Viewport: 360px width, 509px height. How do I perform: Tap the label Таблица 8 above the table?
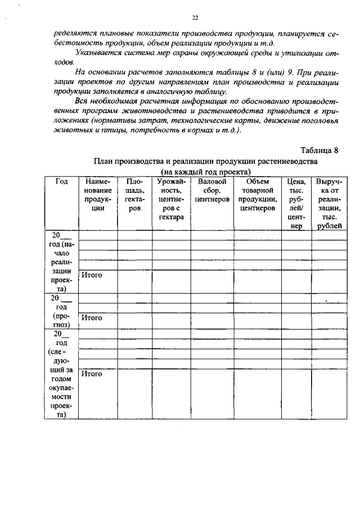click(319, 150)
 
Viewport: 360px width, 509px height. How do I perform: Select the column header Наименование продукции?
click(98, 195)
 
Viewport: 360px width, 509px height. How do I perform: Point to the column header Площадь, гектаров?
click(134, 195)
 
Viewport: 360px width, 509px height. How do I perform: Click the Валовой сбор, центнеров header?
click(212, 190)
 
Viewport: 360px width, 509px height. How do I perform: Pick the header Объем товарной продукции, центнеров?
click(257, 195)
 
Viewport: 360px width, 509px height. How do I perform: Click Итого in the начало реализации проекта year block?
click(92, 275)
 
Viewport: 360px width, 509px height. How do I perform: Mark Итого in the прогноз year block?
click(92, 318)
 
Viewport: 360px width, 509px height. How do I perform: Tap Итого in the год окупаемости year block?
click(92, 373)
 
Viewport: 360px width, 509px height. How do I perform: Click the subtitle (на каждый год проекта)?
click(205, 172)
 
